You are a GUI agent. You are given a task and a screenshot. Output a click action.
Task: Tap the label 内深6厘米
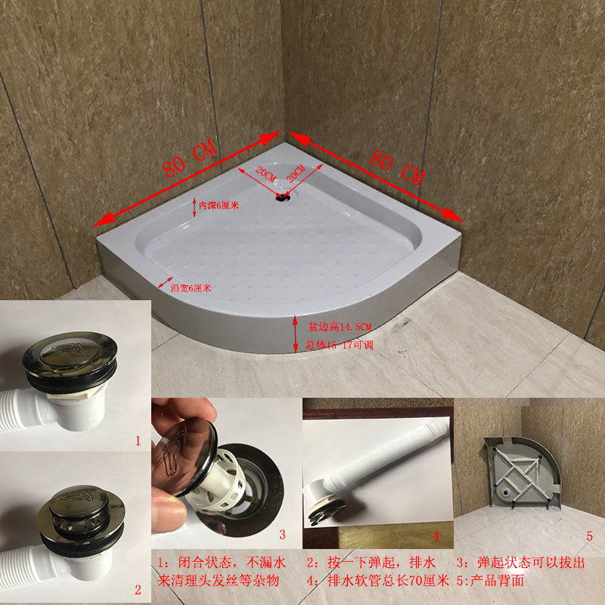219,206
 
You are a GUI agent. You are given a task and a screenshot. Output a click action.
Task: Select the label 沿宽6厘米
190,287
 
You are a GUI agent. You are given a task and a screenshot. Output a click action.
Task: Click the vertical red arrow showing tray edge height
296,334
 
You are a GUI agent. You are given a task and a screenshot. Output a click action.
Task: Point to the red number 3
282,535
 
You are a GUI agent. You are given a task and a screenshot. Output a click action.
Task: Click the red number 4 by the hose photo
436,536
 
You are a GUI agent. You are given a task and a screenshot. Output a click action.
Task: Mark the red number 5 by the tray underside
589,536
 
